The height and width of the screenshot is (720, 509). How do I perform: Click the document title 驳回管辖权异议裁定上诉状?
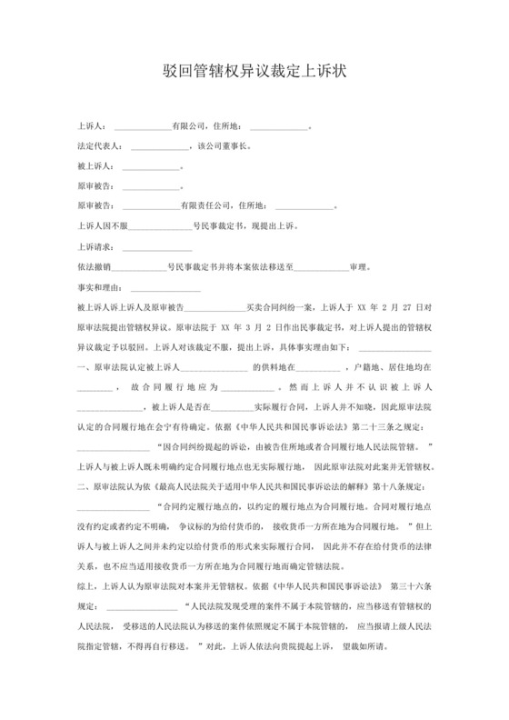(254, 70)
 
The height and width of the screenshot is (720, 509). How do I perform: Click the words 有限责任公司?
(201, 205)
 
